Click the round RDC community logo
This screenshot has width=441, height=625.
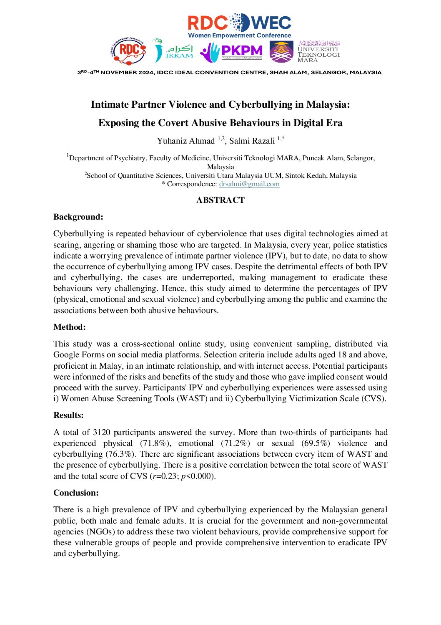point(128,51)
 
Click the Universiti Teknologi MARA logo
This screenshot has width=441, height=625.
point(305,51)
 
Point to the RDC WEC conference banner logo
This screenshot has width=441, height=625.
point(239,25)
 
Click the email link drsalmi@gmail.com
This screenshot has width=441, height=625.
point(249,184)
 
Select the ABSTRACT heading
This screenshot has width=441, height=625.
point(220,200)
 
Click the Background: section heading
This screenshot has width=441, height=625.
point(78,217)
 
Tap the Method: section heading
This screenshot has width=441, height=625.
point(70,327)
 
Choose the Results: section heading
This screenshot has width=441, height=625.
point(69,415)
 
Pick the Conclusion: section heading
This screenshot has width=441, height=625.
point(76,493)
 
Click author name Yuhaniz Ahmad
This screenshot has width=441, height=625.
point(185,141)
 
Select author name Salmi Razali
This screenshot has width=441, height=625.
point(252,141)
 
